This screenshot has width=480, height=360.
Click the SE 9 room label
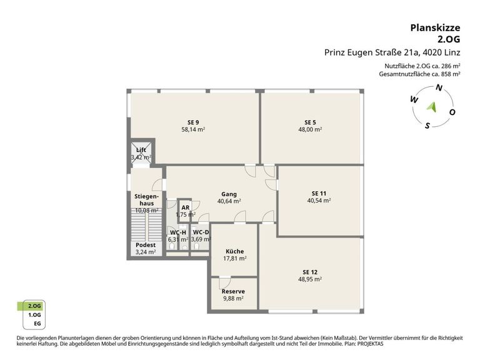click(x=193, y=122)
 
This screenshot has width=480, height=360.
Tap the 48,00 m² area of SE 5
click(x=310, y=129)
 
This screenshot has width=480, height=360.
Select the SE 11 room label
click(x=319, y=194)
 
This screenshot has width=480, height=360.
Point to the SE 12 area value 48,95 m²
click(x=310, y=279)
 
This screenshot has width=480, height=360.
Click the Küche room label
click(x=235, y=251)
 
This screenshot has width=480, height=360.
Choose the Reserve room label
click(x=233, y=291)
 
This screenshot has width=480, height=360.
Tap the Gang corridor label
click(x=229, y=194)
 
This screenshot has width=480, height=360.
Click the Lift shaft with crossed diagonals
click(x=141, y=152)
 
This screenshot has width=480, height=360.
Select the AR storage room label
click(x=186, y=207)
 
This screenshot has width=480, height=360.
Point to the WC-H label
click(x=178, y=232)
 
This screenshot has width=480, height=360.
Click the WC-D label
click(x=201, y=232)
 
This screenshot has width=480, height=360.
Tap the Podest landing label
click(x=146, y=245)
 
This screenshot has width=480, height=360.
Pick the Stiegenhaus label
click(x=147, y=200)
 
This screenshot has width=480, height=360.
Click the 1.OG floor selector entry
click(x=34, y=315)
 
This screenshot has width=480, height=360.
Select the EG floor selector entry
click(x=37, y=324)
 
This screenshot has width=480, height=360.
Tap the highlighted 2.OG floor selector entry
click(x=34, y=306)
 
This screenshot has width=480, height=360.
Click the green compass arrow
click(x=432, y=107)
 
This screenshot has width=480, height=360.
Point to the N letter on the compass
click(x=439, y=88)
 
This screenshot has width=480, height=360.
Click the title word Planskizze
click(x=435, y=28)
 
